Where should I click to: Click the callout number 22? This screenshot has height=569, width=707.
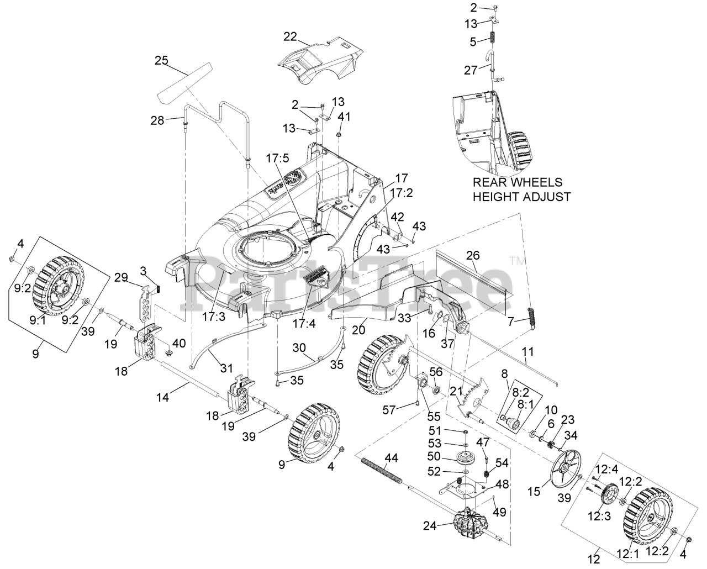point(290,36)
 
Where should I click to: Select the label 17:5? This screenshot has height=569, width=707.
point(277,157)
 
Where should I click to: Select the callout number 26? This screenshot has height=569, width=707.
point(473,255)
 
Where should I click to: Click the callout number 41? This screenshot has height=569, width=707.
point(344,117)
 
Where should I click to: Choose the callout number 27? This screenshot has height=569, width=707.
point(470,70)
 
